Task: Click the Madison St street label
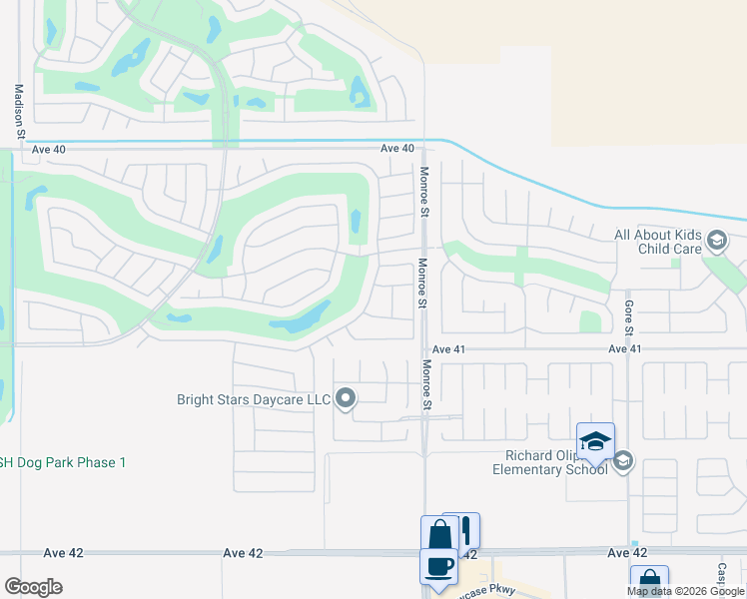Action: point(18,108)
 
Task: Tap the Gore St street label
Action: point(629,317)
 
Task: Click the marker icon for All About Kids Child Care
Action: point(716,241)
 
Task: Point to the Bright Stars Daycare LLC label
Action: point(254,399)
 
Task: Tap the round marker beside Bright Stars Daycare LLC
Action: point(346,399)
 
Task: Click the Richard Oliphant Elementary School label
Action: point(549,463)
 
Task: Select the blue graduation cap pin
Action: point(595,441)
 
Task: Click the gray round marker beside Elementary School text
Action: point(623,460)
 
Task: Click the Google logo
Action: point(33,587)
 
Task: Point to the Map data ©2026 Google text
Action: point(686,591)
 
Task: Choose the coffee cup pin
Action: point(439,566)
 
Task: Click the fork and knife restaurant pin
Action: point(462,529)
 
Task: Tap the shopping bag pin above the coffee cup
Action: point(439,534)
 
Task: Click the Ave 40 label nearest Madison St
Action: point(47,149)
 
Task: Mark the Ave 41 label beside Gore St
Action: point(624,349)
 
